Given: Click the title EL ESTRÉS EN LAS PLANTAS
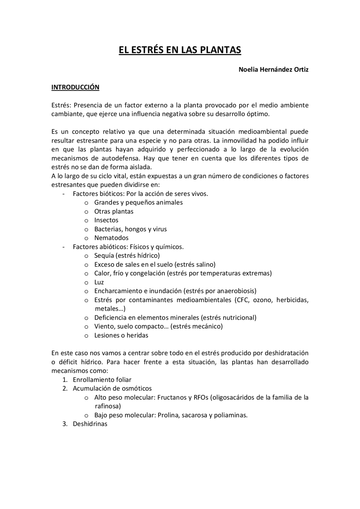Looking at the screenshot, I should tap(180, 50).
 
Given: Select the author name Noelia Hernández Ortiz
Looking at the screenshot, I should tap(273, 69).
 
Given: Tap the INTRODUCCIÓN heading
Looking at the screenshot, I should tap(75, 87).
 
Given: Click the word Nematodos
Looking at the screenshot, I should tap(111, 238).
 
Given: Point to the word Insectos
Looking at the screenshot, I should tap(106, 220).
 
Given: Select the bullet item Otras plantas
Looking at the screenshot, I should tap(114, 211).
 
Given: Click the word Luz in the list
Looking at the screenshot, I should tap(99, 282).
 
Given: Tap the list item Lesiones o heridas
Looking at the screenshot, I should tap(121, 335).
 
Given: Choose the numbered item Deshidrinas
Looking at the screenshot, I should tap(90, 424).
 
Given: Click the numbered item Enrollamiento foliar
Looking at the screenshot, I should tap(102, 380).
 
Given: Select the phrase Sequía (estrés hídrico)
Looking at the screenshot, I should tap(127, 255).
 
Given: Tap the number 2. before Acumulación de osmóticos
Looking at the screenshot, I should tap(65, 388).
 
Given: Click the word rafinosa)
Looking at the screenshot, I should tap(108, 406).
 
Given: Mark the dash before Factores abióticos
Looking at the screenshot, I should tap(64, 247).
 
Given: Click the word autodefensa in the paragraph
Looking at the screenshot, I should tap(116, 158).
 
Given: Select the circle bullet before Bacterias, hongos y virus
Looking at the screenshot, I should tap(86, 229).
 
